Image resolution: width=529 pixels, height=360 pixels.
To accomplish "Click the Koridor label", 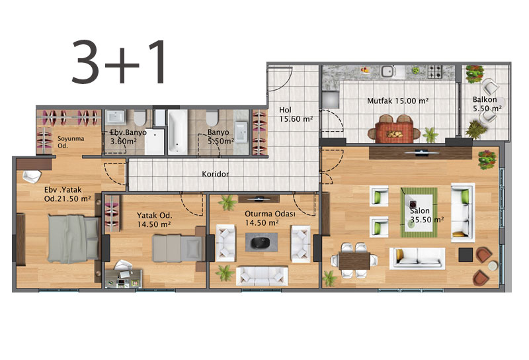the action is tap(216, 174).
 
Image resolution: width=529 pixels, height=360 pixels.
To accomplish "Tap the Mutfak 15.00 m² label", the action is tap(398, 101).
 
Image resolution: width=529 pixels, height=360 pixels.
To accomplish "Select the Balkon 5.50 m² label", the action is tap(487, 104).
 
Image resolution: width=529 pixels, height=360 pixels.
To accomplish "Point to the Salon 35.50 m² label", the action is tap(427, 215).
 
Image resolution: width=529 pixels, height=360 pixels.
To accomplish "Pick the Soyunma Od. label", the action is tap(71, 142).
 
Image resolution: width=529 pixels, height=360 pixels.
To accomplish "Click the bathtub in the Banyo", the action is tap(177, 132).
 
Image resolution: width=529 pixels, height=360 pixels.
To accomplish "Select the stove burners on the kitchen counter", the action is tap(434, 71).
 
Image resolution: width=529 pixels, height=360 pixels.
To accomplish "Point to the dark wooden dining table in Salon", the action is tap(354, 261).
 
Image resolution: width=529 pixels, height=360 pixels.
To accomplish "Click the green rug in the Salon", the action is tap(419, 212).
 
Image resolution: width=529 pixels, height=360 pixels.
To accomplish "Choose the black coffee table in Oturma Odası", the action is tap(261, 242).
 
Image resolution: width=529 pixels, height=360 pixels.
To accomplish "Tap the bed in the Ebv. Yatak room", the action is tap(73, 239).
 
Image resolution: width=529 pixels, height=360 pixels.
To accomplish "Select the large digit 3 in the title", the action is tap(85, 62).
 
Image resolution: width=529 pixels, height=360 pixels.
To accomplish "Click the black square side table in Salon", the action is tap(466, 255).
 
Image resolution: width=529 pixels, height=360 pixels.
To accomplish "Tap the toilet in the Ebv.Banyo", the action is tap(140, 118).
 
